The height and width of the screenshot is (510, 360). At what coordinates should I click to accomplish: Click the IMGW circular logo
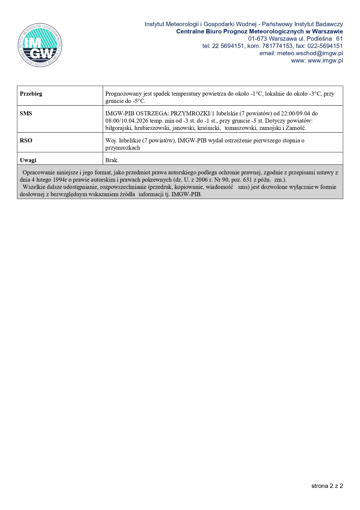point(40,45)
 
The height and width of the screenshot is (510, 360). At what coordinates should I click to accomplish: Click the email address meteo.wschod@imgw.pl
point(310,53)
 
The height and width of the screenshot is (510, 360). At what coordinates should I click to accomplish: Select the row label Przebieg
point(31,94)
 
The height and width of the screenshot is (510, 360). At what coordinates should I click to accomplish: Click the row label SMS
point(26,113)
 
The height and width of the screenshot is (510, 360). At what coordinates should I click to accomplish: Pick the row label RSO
point(26,140)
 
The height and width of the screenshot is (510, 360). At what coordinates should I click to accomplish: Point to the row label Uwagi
point(28,160)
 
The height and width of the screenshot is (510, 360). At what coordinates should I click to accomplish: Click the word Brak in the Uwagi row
point(112,160)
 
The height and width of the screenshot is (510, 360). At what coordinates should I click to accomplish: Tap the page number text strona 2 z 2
point(327,486)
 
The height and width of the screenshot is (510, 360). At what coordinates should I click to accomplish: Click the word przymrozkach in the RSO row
point(123,148)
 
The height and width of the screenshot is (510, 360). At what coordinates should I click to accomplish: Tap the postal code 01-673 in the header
point(258,39)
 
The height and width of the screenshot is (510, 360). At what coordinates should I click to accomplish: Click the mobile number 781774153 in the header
point(277,46)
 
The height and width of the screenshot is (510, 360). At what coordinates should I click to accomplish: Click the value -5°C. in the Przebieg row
point(139,101)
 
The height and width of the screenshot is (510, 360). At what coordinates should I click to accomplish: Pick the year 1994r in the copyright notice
point(60,180)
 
